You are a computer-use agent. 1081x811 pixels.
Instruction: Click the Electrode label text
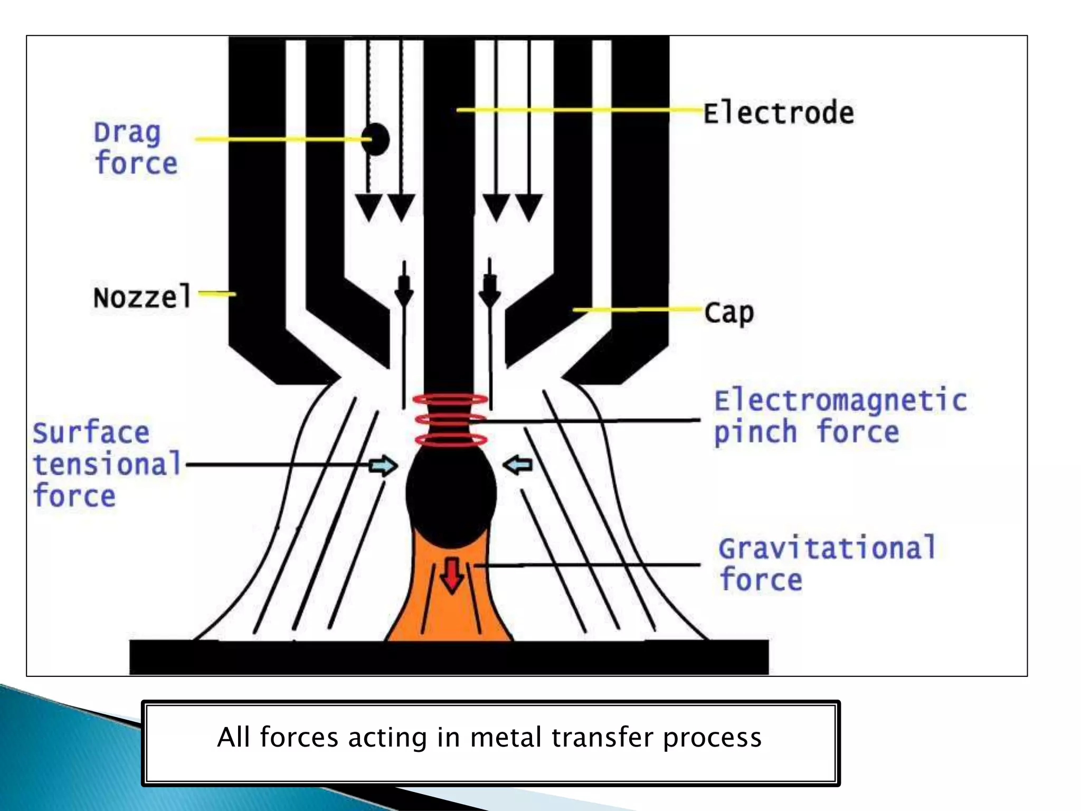(x=778, y=113)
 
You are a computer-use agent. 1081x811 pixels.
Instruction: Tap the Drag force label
(x=136, y=148)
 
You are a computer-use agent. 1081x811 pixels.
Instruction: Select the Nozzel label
(x=141, y=297)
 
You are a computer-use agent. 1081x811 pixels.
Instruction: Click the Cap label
(x=729, y=313)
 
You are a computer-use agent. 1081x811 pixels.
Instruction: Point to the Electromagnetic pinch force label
(x=839, y=416)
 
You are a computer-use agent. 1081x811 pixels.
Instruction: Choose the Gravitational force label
(x=827, y=563)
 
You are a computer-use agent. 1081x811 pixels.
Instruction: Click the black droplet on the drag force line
(x=376, y=139)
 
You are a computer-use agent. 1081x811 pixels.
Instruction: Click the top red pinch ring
(x=450, y=400)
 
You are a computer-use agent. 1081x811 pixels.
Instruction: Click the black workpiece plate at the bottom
(x=449, y=657)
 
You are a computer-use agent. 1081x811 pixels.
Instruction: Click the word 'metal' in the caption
(x=508, y=737)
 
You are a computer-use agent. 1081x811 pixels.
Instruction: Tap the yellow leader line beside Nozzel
(x=217, y=293)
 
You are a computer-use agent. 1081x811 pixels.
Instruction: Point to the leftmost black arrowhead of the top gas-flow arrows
(x=368, y=206)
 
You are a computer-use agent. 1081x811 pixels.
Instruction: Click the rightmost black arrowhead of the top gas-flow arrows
(x=528, y=206)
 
